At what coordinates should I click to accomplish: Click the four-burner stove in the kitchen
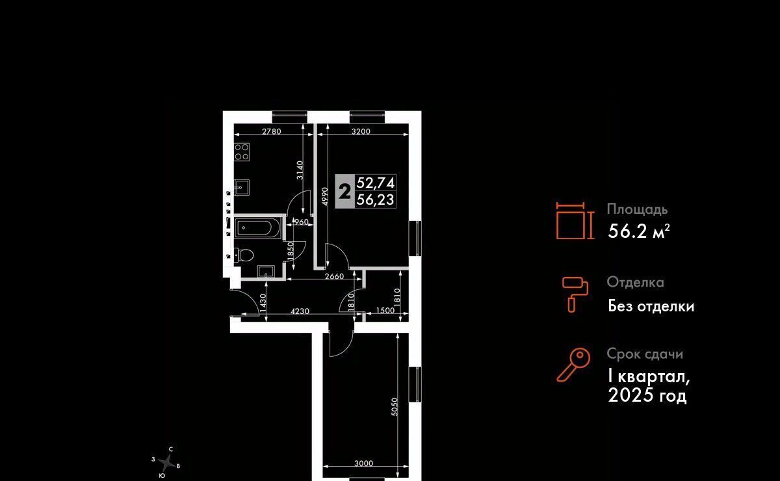pos(242,152)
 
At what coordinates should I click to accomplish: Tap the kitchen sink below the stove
pos(242,187)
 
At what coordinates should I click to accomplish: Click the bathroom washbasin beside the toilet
pos(266,270)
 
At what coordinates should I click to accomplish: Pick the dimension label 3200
pos(360,131)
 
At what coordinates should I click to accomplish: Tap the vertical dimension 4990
pos(322,196)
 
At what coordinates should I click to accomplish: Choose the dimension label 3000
pos(364,463)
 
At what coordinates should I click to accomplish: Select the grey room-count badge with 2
pos(345,192)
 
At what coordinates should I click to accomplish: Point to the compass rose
pos(168,463)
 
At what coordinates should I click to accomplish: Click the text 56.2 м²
pos(638,231)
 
